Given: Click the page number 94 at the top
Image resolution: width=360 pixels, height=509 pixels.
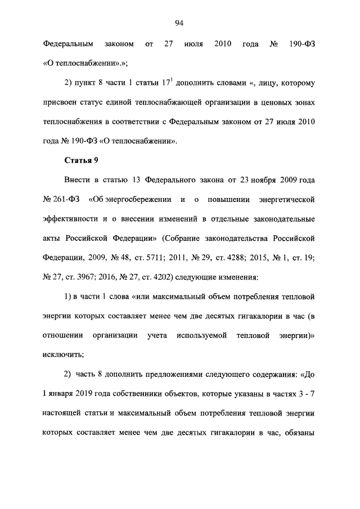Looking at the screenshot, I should [179, 23].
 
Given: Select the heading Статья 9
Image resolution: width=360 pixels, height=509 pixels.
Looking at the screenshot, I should [82, 161].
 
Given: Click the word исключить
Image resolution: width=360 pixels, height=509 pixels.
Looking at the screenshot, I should [62, 354].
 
